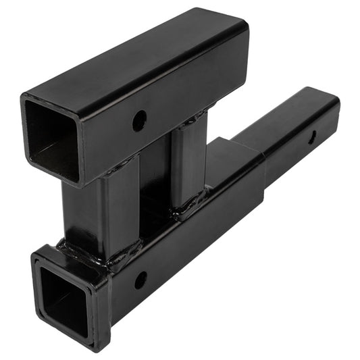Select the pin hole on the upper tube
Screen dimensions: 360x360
pos(139,121)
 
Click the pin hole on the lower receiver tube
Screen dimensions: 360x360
pos(140,280)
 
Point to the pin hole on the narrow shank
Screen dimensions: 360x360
pos(311,137)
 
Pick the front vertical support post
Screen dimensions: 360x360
pos(101,209)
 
